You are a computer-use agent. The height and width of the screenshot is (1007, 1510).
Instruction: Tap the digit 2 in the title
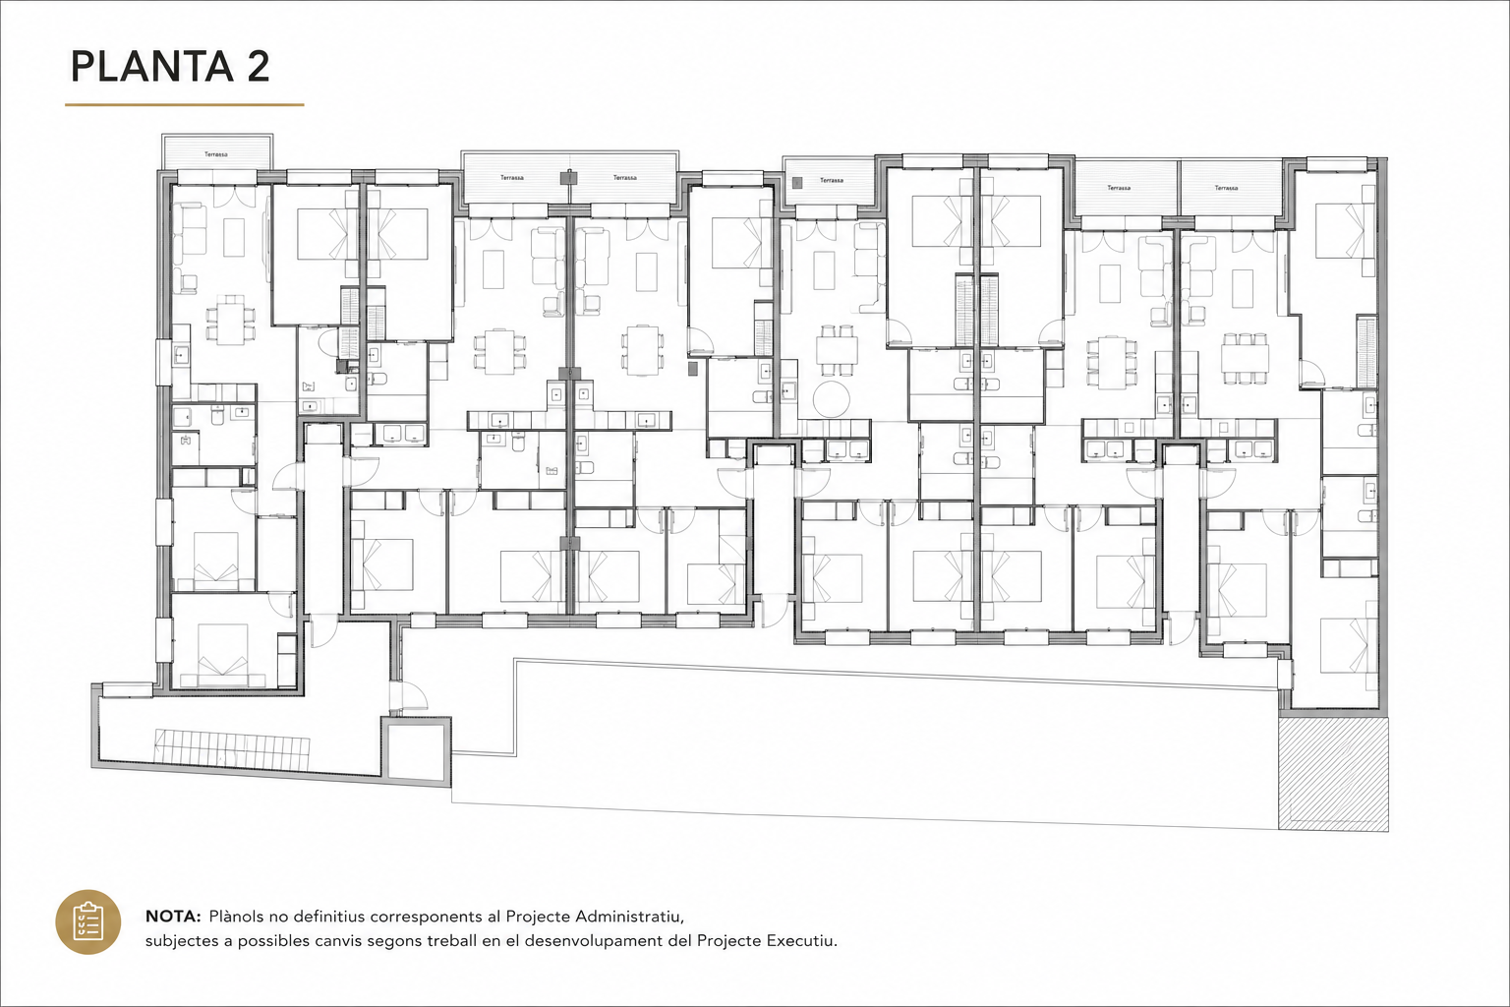coord(258,67)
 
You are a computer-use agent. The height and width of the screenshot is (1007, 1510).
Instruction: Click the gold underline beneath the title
coord(184,104)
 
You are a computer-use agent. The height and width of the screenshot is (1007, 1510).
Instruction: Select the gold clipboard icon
coord(88,922)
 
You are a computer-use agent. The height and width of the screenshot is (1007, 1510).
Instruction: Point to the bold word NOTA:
coord(173,917)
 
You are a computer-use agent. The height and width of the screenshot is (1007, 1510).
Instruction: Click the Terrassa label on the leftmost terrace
coord(216,154)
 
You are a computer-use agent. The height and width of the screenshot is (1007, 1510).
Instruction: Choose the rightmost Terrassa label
coord(1226,188)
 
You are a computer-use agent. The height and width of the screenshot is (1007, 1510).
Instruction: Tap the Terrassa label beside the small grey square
coord(831,181)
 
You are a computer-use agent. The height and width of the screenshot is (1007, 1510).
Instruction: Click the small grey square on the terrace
coord(797,181)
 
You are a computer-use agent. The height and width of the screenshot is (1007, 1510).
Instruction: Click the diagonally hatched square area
coord(1333,773)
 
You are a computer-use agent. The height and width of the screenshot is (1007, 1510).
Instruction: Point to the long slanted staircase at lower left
coord(232,745)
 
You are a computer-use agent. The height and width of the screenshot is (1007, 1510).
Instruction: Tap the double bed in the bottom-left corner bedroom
coord(222,648)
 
